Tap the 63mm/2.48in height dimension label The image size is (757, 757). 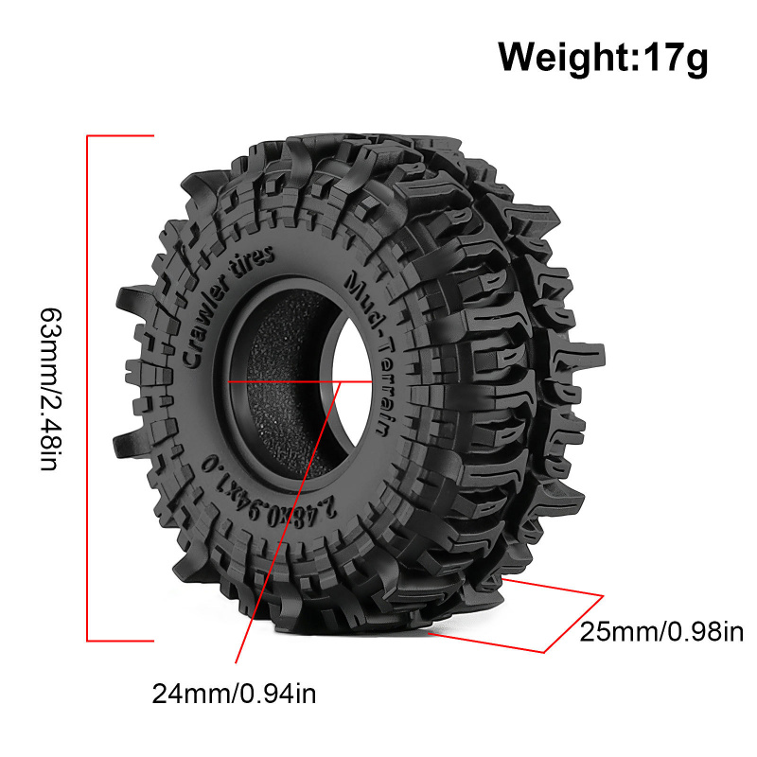[x=50, y=389]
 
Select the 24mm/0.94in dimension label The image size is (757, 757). [x=234, y=695]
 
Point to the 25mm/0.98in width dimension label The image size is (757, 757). [x=661, y=631]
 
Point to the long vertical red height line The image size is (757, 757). [x=87, y=389]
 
